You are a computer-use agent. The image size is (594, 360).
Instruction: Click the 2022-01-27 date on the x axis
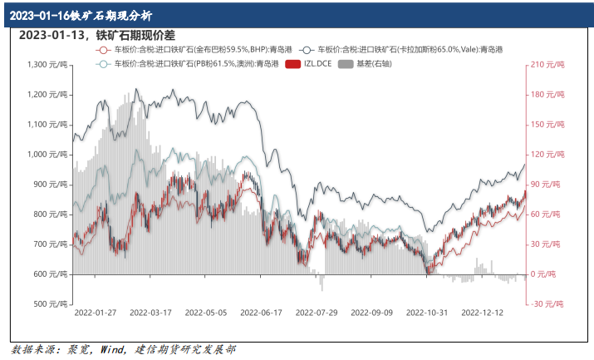96,313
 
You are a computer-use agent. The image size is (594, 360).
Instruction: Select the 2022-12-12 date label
483,313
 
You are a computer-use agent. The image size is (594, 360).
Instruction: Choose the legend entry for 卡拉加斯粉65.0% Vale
416,50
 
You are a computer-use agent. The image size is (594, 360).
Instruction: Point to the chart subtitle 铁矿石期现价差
132,35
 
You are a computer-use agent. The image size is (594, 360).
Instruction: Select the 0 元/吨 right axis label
547,274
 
